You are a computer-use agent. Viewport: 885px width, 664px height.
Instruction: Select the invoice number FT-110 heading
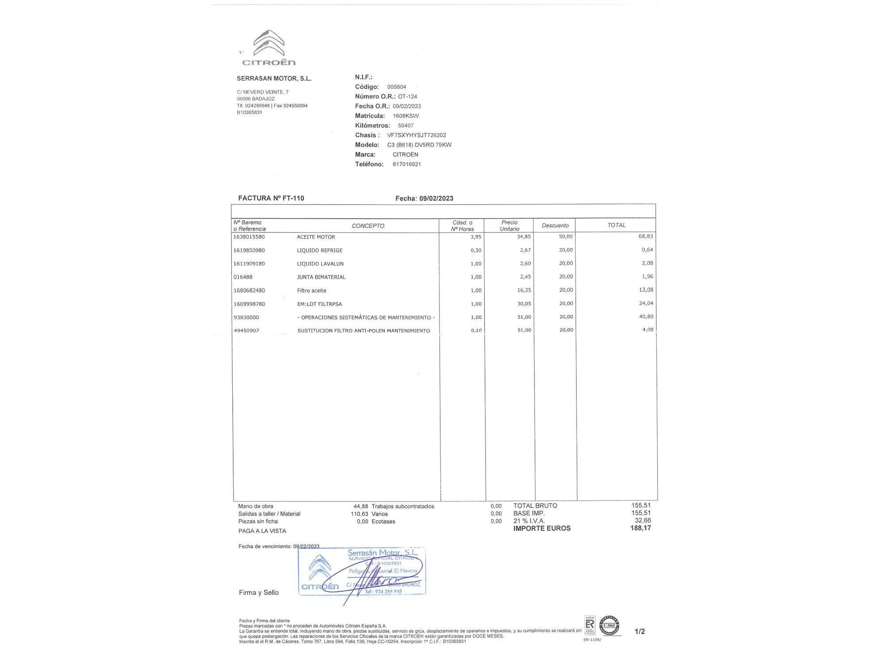tap(271, 198)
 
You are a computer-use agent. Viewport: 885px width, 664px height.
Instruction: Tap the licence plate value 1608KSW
tap(405, 116)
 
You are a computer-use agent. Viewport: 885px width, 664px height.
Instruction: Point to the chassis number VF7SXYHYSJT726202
tap(416, 135)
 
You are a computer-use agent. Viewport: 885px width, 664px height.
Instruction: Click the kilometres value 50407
tap(405, 126)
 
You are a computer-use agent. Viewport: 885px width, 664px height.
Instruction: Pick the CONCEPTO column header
tap(368, 226)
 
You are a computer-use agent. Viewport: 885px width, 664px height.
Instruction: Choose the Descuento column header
tap(555, 225)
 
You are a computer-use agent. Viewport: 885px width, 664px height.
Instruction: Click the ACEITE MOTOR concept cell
tap(316, 237)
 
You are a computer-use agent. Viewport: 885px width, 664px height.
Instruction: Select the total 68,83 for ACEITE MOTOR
tap(646, 236)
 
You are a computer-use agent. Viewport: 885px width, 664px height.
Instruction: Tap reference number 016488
tap(243, 277)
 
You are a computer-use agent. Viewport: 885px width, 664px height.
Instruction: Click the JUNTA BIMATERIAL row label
tap(321, 277)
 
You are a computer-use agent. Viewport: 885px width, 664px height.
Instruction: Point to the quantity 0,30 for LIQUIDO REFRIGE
tap(476, 251)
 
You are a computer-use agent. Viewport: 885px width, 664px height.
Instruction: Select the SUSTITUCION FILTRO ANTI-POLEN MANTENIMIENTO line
tap(363, 331)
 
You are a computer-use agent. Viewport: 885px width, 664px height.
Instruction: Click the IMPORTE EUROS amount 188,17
tap(640, 528)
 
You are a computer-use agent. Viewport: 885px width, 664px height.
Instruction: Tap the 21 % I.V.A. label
tap(529, 521)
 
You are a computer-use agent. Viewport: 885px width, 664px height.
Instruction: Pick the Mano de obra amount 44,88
tap(361, 506)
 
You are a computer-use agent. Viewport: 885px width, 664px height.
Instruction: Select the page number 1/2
tap(639, 632)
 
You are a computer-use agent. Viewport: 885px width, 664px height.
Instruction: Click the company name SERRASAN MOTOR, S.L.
tap(274, 79)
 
